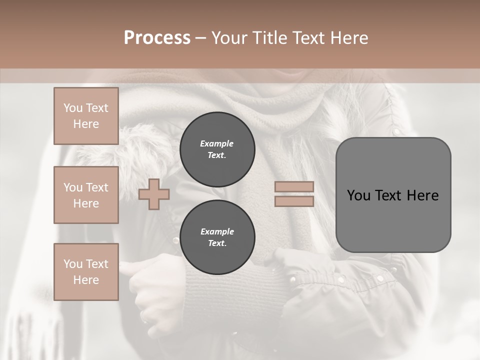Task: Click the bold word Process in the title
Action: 157,38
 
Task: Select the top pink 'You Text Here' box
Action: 86,116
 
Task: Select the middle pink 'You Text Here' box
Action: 86,195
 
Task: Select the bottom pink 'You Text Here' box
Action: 86,271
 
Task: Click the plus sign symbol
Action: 154,194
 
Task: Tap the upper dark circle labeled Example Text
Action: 217,149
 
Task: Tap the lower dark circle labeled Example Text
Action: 217,237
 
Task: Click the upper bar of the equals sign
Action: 294,187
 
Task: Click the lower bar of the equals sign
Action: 294,201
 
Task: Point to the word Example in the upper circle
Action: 217,144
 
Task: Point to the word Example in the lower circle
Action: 217,232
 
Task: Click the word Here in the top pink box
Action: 86,124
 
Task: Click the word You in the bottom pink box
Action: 73,263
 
